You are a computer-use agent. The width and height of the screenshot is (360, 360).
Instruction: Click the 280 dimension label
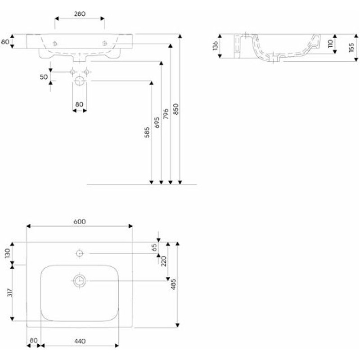coord(80,14)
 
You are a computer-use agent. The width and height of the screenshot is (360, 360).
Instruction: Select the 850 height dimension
coord(175,109)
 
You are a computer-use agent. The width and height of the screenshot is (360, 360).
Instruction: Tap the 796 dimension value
coord(166,114)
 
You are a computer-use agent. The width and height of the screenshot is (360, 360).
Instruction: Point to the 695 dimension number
coord(157,122)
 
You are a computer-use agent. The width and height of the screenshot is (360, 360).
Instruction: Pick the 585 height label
coord(147,132)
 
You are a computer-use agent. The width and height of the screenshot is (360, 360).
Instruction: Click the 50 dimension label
coord(44,77)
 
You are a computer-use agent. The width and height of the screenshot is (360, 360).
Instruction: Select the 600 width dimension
coord(80,221)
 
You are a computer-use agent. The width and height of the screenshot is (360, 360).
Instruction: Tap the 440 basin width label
coord(80,341)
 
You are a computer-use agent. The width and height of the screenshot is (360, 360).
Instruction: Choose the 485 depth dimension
coord(174,284)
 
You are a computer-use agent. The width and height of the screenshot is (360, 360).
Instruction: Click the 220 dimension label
coord(163,261)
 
